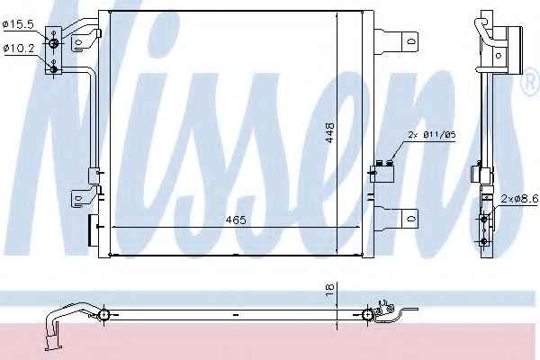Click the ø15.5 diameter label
[18, 24]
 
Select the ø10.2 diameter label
[19, 49]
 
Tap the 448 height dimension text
[329, 133]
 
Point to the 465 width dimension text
[236, 220]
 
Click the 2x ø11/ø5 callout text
[432, 135]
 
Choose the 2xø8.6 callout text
[519, 198]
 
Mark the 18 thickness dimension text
[329, 289]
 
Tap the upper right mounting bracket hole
[411, 41]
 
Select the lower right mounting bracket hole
[411, 219]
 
